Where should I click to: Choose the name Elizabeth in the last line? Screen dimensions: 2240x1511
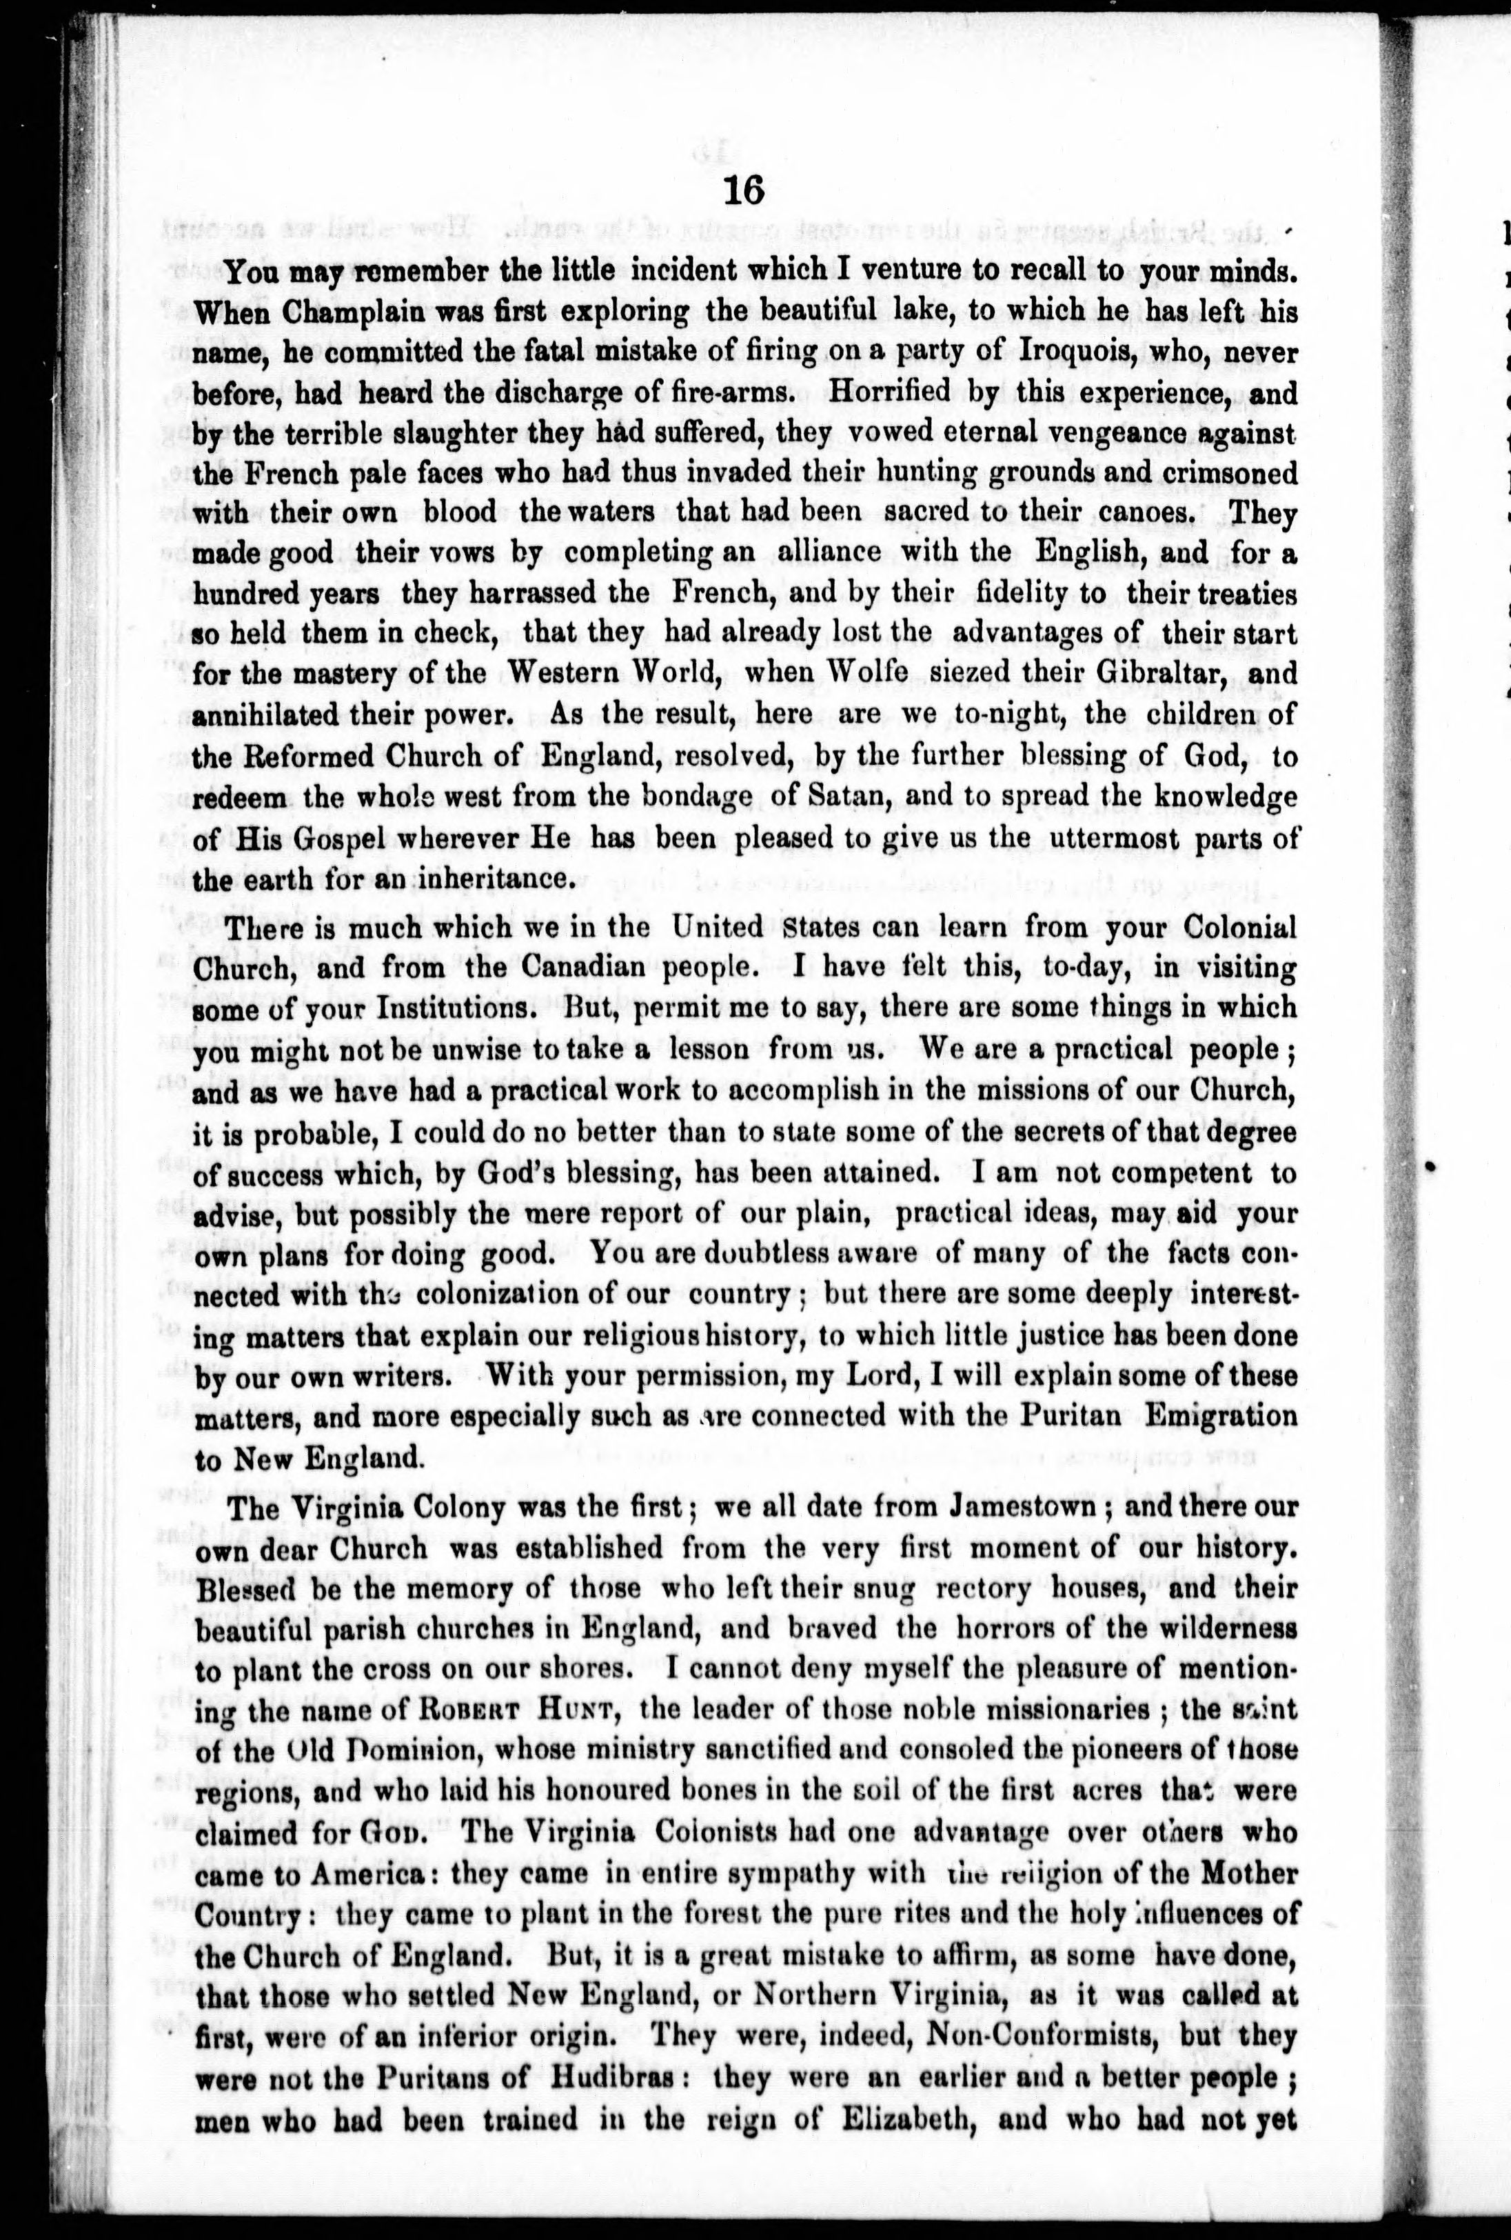coord(923,2117)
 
